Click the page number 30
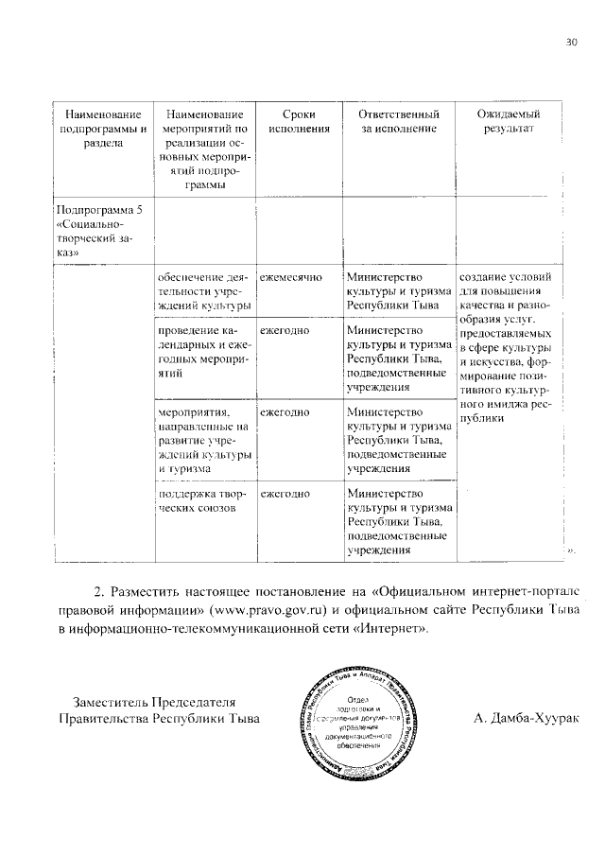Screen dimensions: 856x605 coord(570,43)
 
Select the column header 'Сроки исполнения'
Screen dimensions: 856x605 coord(298,122)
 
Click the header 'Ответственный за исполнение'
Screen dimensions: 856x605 coord(396,122)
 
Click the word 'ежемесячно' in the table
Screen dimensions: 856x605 coord(291,278)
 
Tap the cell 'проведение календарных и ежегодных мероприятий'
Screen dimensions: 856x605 coord(204,352)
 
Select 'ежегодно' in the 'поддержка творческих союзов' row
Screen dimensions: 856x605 coord(285,494)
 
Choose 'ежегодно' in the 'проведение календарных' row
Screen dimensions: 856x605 coord(285,331)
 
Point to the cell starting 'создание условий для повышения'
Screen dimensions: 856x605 coord(510,347)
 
